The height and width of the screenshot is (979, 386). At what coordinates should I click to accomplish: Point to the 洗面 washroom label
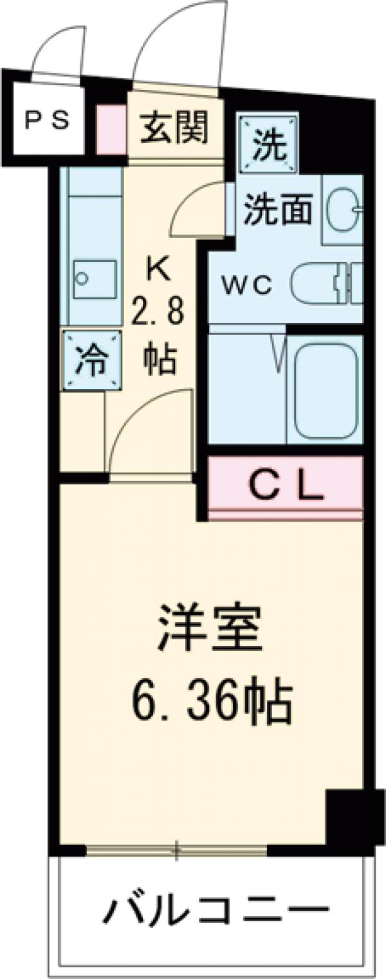click(x=277, y=209)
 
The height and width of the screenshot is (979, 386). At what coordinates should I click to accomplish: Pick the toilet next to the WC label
click(x=325, y=284)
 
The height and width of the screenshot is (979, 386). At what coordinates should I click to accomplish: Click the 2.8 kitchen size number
click(x=158, y=315)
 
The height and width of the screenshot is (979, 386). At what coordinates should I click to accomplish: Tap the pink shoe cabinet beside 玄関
click(x=110, y=130)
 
